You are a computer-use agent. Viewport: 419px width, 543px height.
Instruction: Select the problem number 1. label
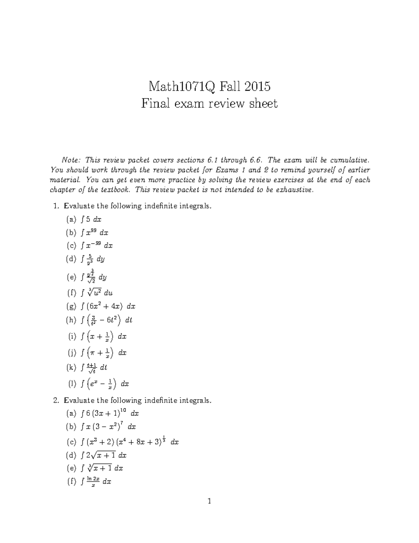pos(57,206)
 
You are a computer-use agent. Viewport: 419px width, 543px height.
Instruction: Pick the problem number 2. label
pos(57,400)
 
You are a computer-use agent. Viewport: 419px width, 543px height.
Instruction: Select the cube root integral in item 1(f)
pos(96,293)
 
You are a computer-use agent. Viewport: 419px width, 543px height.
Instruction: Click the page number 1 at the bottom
pos(209,501)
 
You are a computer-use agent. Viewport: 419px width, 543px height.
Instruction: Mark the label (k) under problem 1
pos(71,367)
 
